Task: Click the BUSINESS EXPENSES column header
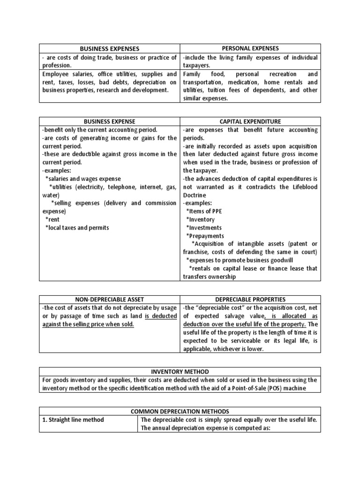click(x=110, y=48)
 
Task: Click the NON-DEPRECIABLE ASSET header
click(x=110, y=299)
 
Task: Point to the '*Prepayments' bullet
click(x=205, y=236)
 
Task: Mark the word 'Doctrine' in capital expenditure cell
click(x=196, y=195)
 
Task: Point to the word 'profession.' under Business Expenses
click(x=56, y=66)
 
